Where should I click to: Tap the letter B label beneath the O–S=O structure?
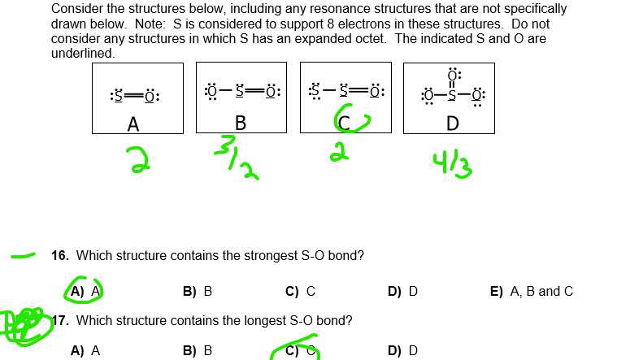click(x=240, y=124)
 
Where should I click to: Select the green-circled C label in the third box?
click(x=345, y=123)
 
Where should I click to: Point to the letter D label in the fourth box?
click(x=452, y=124)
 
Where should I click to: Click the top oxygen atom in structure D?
click(x=452, y=77)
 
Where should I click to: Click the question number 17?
click(x=59, y=320)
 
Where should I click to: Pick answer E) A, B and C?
click(x=531, y=291)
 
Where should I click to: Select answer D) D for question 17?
click(x=402, y=350)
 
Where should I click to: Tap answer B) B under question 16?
click(x=198, y=291)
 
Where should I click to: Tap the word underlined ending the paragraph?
click(x=82, y=53)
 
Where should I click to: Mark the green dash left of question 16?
click(x=22, y=258)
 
